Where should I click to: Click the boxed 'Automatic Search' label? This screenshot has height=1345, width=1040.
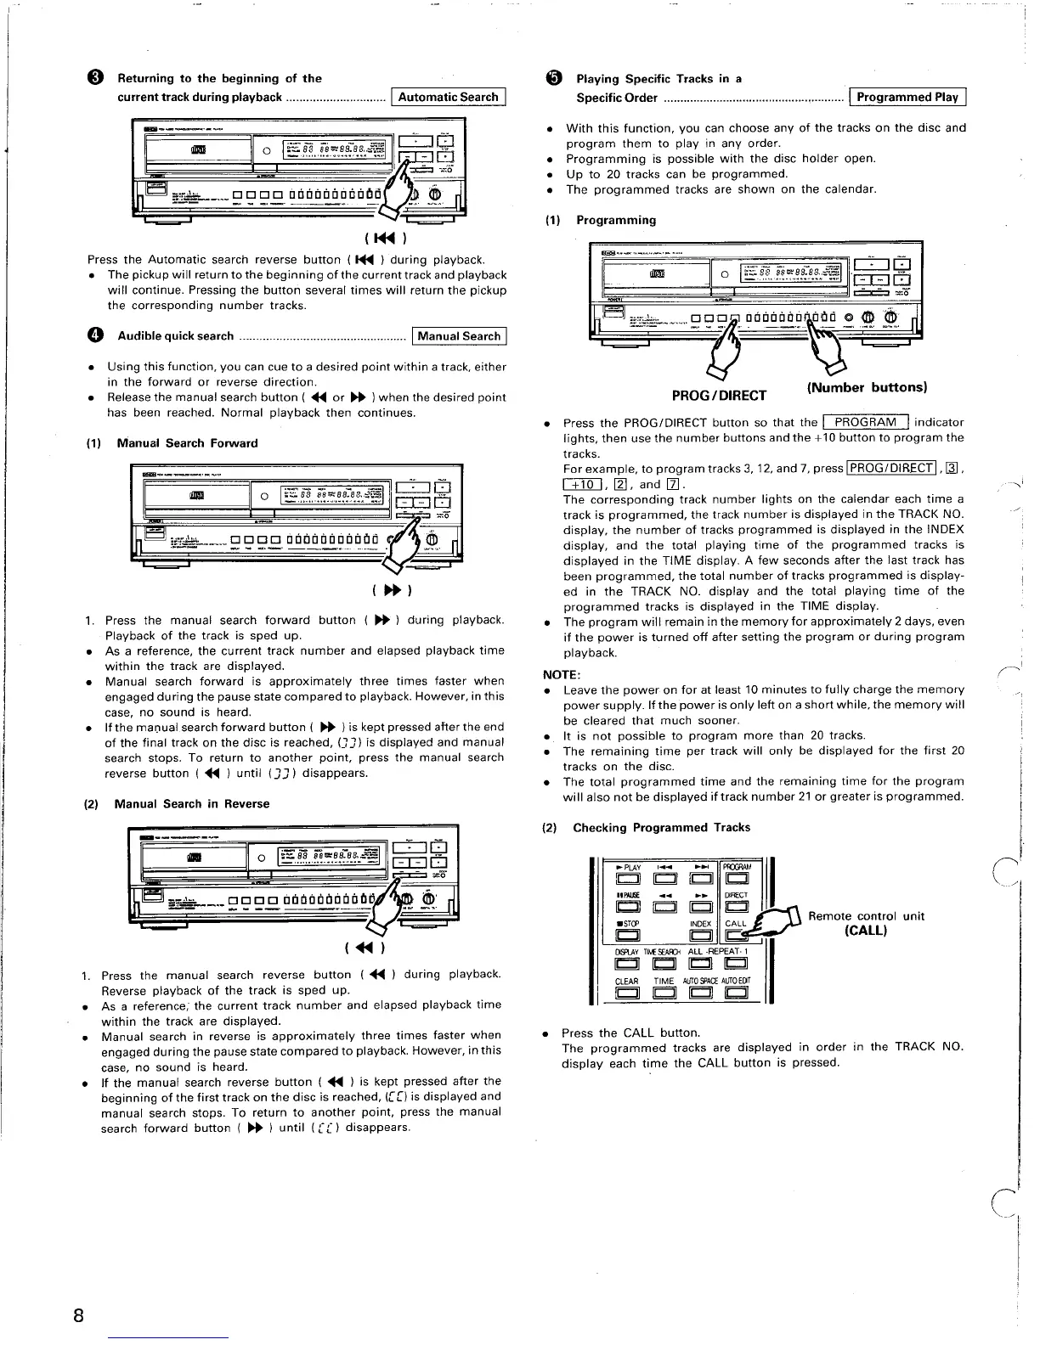[448, 98]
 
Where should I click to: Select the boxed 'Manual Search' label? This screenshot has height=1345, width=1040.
[459, 336]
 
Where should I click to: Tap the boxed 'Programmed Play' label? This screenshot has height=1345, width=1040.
[907, 98]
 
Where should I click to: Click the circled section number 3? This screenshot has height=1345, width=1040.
[96, 79]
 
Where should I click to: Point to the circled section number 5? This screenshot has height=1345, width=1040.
[554, 79]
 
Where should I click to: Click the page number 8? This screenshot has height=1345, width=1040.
[77, 1316]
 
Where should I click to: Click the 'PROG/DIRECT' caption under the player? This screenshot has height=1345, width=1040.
[719, 395]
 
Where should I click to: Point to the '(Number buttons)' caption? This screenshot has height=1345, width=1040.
[865, 387]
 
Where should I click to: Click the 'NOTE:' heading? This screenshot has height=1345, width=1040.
[562, 674]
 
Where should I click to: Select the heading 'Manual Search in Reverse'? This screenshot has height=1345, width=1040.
[191, 803]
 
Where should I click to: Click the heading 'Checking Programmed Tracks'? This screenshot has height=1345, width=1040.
[661, 827]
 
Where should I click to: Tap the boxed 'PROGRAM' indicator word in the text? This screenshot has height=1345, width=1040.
[865, 422]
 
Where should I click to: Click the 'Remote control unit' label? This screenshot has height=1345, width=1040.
[866, 916]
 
